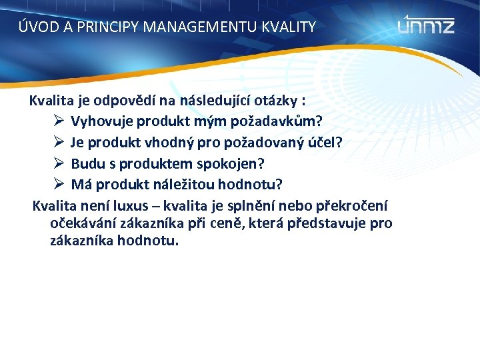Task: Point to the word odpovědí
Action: (x=127, y=101)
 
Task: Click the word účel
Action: (x=323, y=143)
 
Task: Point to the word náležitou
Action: (x=170, y=184)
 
